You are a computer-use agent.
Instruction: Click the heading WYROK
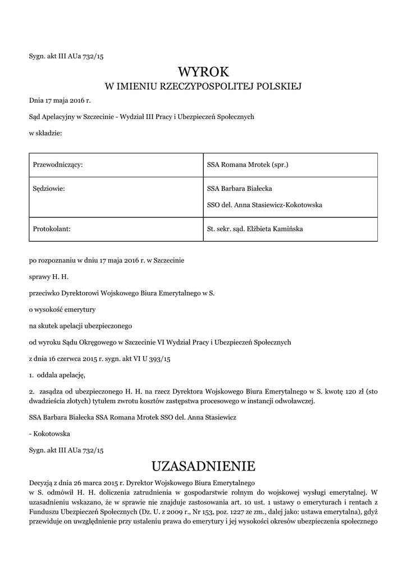203,71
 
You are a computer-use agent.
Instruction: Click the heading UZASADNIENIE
203,466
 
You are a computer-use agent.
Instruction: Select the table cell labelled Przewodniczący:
58,165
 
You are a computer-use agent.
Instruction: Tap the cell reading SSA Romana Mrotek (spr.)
248,165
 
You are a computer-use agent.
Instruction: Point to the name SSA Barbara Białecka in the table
240,189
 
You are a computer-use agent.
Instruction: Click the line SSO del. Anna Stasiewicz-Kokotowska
264,205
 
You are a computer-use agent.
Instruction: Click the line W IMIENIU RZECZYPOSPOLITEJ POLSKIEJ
203,86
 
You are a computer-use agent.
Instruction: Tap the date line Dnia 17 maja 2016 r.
60,101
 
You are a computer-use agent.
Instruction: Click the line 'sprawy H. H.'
49,277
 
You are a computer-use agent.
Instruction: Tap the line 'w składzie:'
45,134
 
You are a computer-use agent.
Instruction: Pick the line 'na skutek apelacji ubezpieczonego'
80,326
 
